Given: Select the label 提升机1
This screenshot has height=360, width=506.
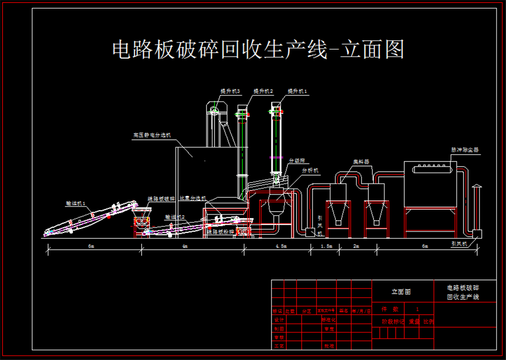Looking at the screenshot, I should (x=298, y=91).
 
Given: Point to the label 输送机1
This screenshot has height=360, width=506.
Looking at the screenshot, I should (x=76, y=203).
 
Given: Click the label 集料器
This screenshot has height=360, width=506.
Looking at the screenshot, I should (x=361, y=162).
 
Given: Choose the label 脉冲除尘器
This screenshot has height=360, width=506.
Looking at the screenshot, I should (x=465, y=150).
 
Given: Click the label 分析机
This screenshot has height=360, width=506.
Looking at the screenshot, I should (x=310, y=171).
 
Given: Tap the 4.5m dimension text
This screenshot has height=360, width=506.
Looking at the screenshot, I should (x=280, y=247).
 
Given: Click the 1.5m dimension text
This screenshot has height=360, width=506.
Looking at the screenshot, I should (x=326, y=247).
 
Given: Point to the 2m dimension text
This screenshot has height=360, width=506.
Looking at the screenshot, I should (x=356, y=247).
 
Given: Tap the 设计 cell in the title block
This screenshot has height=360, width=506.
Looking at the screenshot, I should (x=278, y=320).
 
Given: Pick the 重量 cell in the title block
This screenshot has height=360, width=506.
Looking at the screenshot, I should (x=414, y=322).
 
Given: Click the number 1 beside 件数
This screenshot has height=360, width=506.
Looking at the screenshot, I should (x=417, y=309).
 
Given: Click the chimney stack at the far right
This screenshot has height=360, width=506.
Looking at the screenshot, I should (x=476, y=208).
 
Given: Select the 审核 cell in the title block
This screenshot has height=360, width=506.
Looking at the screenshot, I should (x=278, y=337).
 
